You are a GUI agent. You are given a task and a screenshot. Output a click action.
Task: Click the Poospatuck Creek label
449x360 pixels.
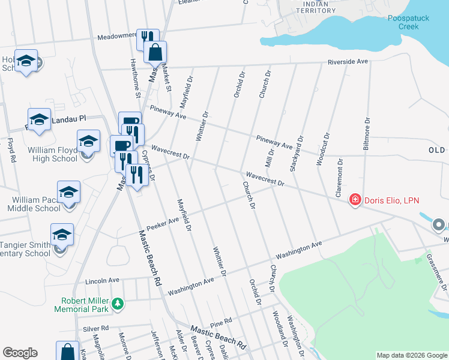pos(408,23)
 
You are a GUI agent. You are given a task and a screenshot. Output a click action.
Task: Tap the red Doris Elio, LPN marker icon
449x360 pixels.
pos(355,199)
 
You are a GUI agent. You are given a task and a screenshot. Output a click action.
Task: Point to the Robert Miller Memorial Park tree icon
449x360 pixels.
pos(119,304)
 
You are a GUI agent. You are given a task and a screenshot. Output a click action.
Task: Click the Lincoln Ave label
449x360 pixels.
pos(103,280)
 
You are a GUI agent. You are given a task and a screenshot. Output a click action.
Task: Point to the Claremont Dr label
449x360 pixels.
pos(339,178)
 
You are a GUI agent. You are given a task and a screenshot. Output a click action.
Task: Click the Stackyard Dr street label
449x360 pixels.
pos(295,154)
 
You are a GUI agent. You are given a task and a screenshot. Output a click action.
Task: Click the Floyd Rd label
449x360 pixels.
pos(11,151)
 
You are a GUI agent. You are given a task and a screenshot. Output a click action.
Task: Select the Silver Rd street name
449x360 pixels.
pos(95,329)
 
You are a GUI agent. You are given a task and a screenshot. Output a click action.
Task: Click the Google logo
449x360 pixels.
pos(20,353)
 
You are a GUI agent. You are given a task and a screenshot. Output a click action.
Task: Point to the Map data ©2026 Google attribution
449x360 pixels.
pos(411,355)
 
